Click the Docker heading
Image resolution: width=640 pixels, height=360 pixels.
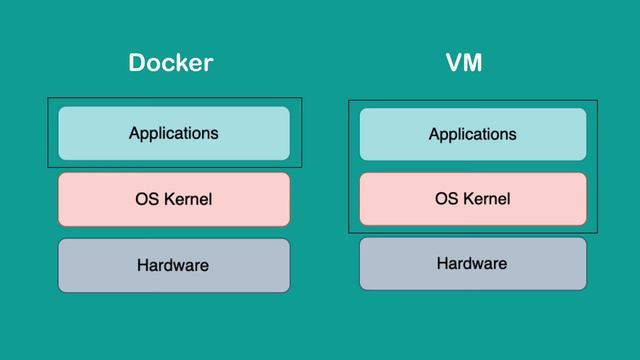[171, 63]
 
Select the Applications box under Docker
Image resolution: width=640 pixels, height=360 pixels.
[174, 133]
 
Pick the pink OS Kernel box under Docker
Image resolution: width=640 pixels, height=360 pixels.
[174, 199]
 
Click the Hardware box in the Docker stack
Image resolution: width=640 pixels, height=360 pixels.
[174, 265]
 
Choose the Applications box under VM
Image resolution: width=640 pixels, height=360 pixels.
[473, 134]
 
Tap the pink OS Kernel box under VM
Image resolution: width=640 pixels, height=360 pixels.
[473, 199]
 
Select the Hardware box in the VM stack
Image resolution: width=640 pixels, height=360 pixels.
[473, 264]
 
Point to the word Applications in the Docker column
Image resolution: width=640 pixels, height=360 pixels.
[174, 133]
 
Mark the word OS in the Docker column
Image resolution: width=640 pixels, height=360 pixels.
[146, 199]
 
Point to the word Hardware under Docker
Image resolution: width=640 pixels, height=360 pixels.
[173, 265]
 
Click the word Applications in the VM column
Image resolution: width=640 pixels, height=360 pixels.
[473, 134]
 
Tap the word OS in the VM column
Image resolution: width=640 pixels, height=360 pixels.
[446, 199]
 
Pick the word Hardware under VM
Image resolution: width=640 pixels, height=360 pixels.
[472, 264]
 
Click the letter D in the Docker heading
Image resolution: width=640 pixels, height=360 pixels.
[137, 63]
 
